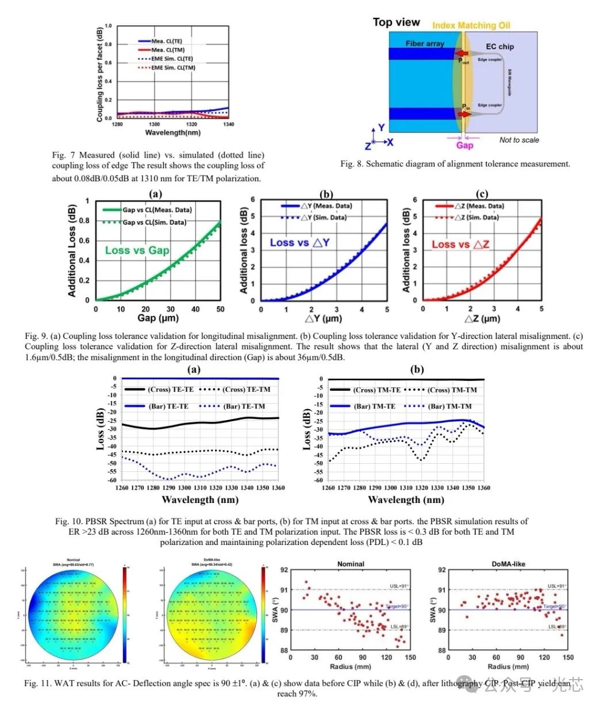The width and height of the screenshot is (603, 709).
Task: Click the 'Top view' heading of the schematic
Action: [x=396, y=22]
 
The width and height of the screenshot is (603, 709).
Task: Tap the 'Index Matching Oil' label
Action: [x=471, y=25]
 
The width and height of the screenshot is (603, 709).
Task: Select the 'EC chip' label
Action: [x=500, y=47]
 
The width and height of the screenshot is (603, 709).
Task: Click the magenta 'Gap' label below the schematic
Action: [x=464, y=146]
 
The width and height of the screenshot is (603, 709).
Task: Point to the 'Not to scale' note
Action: [x=519, y=140]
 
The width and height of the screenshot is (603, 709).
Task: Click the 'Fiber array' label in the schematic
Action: [x=425, y=43]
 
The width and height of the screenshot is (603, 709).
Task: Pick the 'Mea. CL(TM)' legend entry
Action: [x=168, y=50]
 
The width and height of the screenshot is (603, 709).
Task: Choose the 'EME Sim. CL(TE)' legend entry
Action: [x=172, y=59]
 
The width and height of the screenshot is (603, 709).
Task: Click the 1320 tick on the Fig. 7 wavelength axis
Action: [x=191, y=124]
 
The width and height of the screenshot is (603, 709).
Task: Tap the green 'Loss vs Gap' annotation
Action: [x=137, y=250]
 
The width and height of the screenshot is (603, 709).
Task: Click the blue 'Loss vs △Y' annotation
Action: [x=299, y=243]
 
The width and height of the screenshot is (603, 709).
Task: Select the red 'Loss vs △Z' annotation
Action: [x=460, y=245]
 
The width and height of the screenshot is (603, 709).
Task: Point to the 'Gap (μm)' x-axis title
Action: [x=158, y=318]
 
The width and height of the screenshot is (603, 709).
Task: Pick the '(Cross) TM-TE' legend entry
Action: [x=378, y=390]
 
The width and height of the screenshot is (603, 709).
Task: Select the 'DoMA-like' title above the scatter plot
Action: [x=509, y=564]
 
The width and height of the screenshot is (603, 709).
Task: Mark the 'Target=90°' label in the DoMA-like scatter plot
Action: [x=554, y=607]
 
